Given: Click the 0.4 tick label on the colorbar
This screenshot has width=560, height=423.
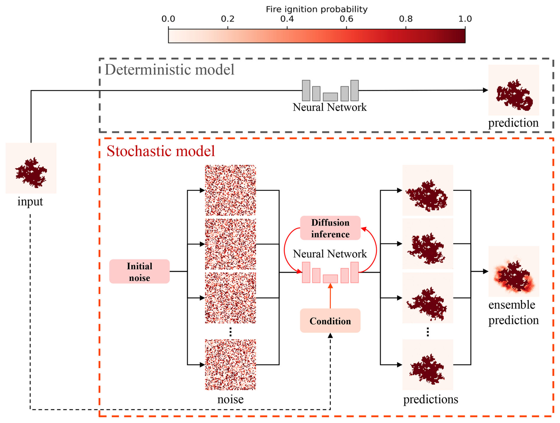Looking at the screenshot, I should pyautogui.click(x=287, y=19).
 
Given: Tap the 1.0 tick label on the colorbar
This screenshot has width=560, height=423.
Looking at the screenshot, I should pyautogui.click(x=465, y=19).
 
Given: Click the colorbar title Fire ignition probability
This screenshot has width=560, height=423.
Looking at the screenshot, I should pyautogui.click(x=316, y=9).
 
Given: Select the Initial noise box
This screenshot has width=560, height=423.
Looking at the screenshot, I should pyautogui.click(x=139, y=272).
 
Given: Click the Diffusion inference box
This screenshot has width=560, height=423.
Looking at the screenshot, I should pyautogui.click(x=330, y=228).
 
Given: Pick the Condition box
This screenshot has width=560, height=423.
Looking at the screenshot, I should pyautogui.click(x=330, y=321).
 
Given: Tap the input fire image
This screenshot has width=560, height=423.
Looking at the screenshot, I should pyautogui.click(x=31, y=168).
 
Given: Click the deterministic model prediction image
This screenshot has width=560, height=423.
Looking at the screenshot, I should pyautogui.click(x=514, y=90).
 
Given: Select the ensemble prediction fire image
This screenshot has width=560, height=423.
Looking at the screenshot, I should pyautogui.click(x=514, y=271).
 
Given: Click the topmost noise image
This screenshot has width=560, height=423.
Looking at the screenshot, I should pyautogui.click(x=230, y=190).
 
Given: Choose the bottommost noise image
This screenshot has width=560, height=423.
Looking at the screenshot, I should pyautogui.click(x=230, y=365).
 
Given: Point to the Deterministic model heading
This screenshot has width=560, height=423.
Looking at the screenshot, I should pyautogui.click(x=170, y=70).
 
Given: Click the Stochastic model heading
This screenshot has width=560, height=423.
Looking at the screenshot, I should pyautogui.click(x=161, y=151).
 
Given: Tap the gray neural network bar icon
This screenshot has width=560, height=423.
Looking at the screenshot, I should pyautogui.click(x=330, y=91).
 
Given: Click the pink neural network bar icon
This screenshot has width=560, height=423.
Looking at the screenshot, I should pyautogui.click(x=330, y=272).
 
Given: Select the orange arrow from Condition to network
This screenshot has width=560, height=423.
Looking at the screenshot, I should pyautogui.click(x=330, y=296).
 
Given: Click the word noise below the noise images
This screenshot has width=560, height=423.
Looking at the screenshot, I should pyautogui.click(x=230, y=399).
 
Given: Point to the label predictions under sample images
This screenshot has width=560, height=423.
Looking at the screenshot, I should pyautogui.click(x=431, y=399).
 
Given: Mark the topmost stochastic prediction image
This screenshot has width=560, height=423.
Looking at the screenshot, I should pyautogui.click(x=428, y=190).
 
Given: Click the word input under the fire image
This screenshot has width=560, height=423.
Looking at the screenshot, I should pyautogui.click(x=30, y=201).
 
